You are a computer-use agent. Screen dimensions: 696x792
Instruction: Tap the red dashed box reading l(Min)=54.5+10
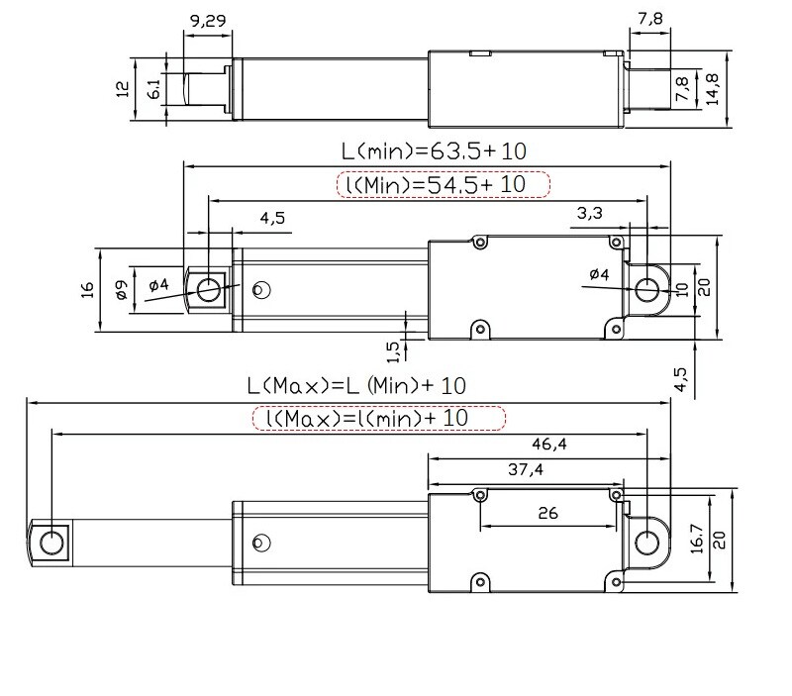443,184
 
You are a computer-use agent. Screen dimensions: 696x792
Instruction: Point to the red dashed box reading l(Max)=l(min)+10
379,418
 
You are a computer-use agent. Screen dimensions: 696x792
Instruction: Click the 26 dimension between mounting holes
546,513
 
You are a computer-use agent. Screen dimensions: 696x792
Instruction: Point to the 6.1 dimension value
153,89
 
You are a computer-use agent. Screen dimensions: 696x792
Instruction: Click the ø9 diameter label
120,289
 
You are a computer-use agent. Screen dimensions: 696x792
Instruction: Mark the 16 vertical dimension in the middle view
87,289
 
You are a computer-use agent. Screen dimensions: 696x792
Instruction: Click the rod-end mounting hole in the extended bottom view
50,541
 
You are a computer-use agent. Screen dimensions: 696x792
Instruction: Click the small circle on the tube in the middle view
261,289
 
